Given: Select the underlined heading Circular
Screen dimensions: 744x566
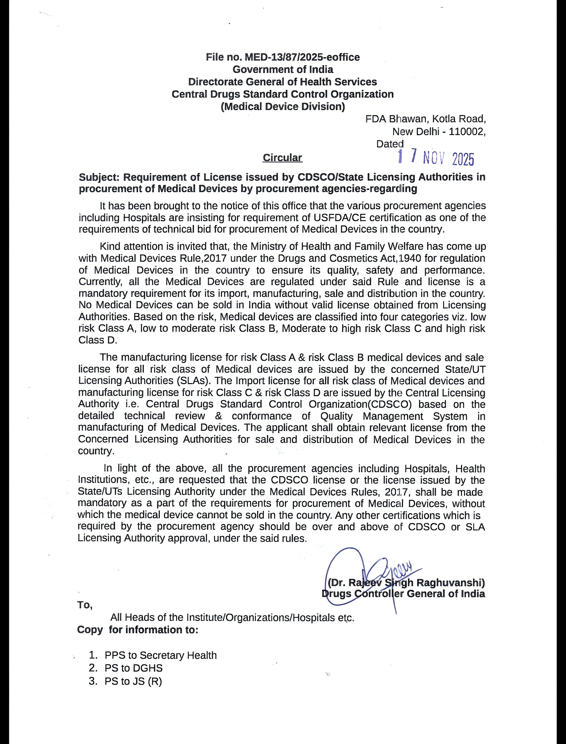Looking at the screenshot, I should tap(282, 158).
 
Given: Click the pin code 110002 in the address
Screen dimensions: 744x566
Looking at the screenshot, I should tap(467, 132).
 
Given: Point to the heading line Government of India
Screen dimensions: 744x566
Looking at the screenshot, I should tap(283, 70).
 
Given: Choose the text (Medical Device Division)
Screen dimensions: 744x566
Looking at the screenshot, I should tap(283, 107).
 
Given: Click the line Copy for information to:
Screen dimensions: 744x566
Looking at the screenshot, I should tap(137, 630).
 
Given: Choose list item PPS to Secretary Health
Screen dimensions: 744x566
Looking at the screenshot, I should tap(160, 655).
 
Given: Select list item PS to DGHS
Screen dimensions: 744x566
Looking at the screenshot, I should tap(133, 668).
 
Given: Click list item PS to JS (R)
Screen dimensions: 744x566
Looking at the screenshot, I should tap(133, 681).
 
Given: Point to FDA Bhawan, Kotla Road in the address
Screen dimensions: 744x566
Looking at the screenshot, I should tap(425, 119).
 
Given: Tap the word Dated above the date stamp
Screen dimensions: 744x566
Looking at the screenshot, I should tap(390, 144).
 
